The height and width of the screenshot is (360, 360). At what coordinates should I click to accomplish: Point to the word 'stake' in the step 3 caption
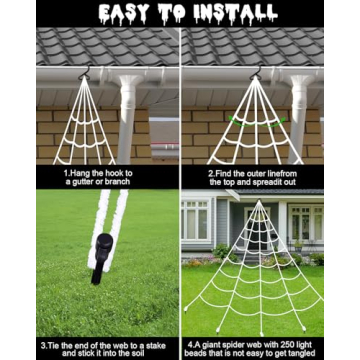coord(155,345)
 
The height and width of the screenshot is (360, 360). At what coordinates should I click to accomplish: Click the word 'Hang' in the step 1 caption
coord(78,173)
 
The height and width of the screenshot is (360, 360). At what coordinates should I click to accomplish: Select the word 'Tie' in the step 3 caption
coord(58,345)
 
